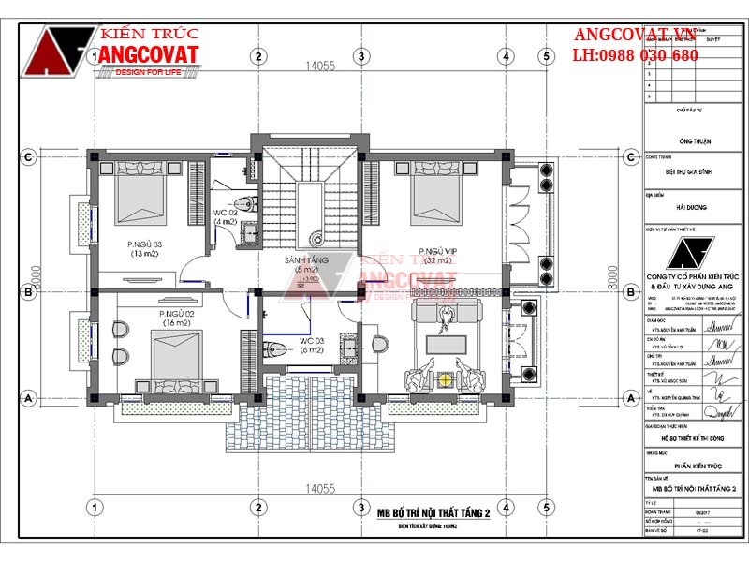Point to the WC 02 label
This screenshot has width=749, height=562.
click(225, 216)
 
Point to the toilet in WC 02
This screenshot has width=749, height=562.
click(245, 203)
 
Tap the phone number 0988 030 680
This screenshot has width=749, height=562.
click(648, 56)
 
